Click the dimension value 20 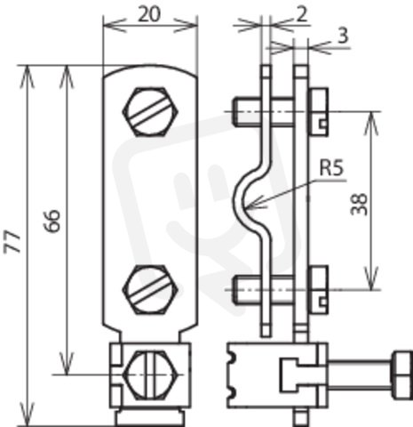[149, 14]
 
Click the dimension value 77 [12, 243]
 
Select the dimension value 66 [52, 221]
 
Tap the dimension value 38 [359, 204]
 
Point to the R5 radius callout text [332, 168]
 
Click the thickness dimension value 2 [302, 14]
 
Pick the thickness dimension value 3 [343, 36]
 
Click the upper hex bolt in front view [150, 112]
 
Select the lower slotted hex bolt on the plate [150, 290]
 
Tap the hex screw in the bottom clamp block [152, 375]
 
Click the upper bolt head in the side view [318, 112]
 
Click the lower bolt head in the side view [318, 290]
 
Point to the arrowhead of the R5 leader [250, 205]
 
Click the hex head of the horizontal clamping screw [402, 375]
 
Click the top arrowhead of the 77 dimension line [27, 76]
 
